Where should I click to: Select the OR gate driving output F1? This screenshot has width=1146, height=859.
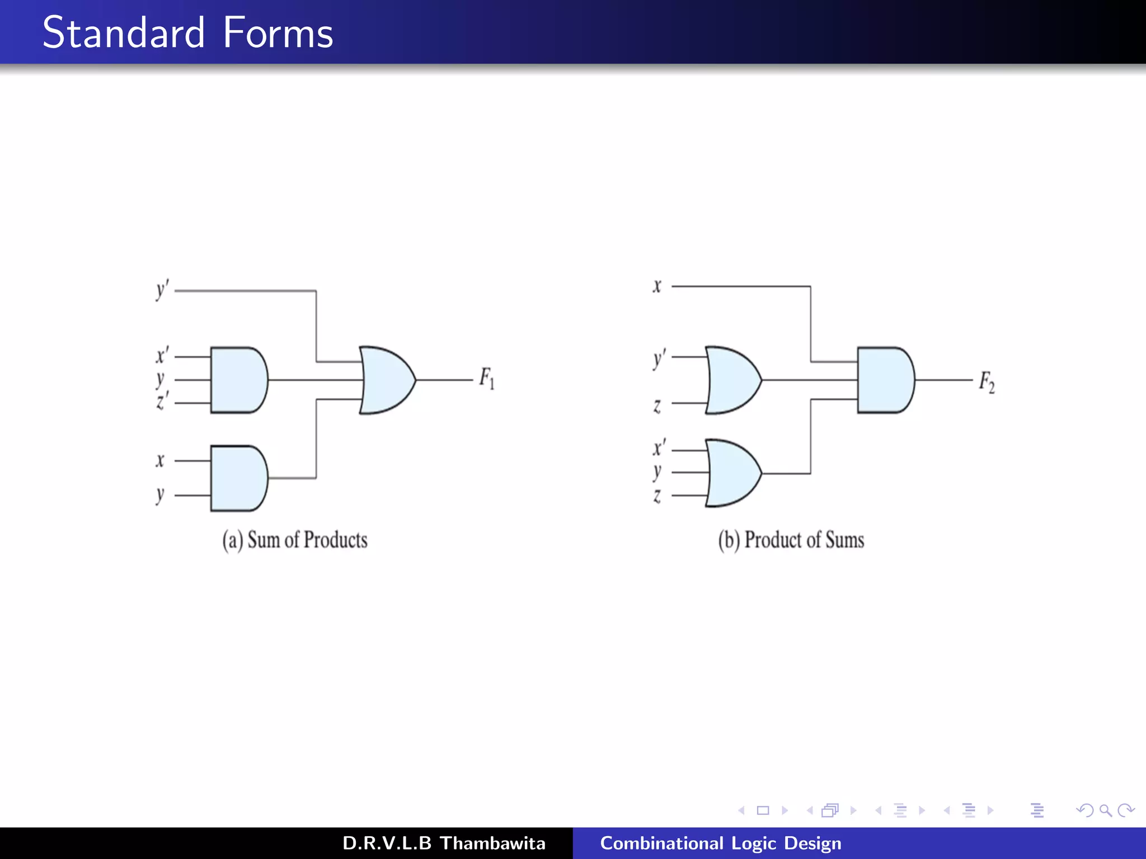click(387, 380)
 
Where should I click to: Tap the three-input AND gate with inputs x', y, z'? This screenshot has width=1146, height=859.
click(238, 380)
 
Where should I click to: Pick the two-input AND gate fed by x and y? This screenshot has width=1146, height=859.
click(238, 478)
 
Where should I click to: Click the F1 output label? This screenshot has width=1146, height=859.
click(486, 379)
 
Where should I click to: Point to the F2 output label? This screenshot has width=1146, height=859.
click(987, 382)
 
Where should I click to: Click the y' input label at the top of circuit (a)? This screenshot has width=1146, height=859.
click(162, 290)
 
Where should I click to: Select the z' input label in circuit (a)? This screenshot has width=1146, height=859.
click(162, 401)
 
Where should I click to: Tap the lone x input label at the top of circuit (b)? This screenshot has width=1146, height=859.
click(657, 286)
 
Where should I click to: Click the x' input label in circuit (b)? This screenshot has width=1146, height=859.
click(659, 447)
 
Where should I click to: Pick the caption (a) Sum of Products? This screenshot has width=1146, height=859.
click(295, 540)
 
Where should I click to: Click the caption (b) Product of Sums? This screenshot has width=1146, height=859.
click(791, 540)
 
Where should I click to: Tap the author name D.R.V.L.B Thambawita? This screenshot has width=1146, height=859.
click(444, 843)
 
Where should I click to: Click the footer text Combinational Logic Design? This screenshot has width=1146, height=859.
click(721, 843)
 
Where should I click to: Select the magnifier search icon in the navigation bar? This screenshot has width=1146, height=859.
click(1105, 810)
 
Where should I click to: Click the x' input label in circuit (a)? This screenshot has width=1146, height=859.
click(162, 355)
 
